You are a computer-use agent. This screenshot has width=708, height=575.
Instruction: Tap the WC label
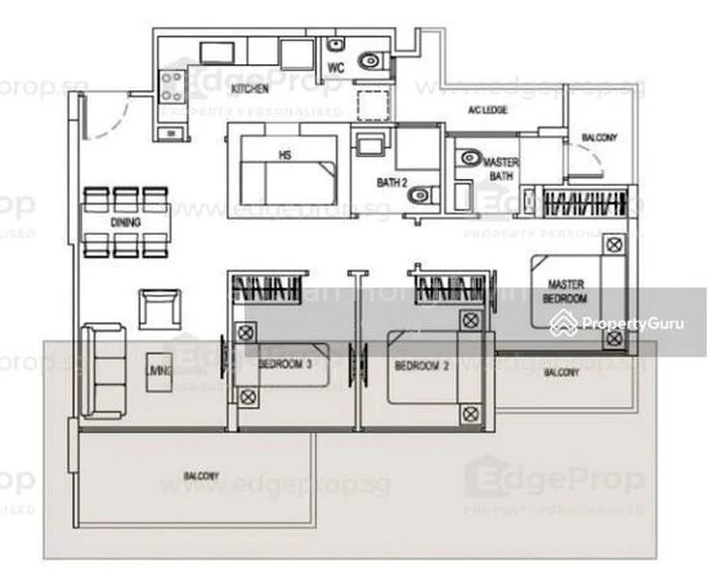tap(335, 67)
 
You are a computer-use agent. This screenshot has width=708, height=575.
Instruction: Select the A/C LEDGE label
tap(487, 110)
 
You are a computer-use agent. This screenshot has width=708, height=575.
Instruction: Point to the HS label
tap(285, 155)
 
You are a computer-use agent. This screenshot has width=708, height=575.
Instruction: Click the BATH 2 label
tap(392, 181)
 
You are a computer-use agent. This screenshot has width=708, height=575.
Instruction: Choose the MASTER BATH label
tap(500, 170)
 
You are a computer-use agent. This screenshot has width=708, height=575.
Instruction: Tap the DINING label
tap(126, 223)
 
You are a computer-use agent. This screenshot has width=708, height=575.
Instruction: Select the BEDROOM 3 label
tap(285, 365)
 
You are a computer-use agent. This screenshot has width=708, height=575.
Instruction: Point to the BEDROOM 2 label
tap(422, 365)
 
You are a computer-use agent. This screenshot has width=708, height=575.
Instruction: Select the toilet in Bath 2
tap(419, 196)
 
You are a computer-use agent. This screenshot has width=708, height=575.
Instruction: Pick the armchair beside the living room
tap(158, 309)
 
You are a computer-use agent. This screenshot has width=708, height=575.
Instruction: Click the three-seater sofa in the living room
tap(103, 370)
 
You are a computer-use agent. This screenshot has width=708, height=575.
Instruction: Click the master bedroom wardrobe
tap(584, 204)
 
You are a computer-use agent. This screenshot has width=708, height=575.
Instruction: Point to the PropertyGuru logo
tap(617, 324)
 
